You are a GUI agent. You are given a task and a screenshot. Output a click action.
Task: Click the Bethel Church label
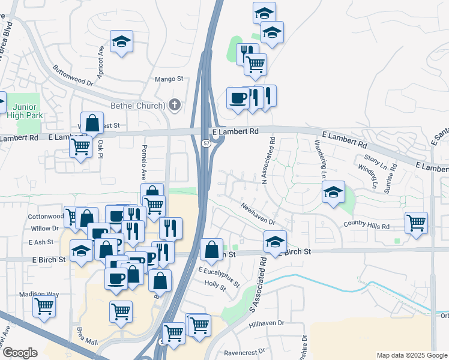[x=137, y=106]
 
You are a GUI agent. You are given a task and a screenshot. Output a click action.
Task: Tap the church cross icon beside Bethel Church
[x=175, y=106]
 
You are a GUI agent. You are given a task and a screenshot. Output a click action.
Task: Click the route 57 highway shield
[x=206, y=143]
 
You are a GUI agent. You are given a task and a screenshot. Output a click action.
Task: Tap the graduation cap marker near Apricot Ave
[x=121, y=42]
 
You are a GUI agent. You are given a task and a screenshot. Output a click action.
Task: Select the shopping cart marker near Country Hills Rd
[x=416, y=223]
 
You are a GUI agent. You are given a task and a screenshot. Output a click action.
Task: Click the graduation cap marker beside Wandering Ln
[x=333, y=192]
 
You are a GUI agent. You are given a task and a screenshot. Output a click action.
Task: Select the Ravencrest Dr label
[x=244, y=353]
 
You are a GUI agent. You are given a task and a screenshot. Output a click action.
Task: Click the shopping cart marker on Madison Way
[x=44, y=306]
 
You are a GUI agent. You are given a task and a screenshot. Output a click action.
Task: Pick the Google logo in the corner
[x=19, y=352]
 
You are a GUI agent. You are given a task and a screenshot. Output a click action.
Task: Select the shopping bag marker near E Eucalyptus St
[x=211, y=250]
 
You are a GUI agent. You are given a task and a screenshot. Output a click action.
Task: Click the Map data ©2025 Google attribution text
[x=412, y=355]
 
